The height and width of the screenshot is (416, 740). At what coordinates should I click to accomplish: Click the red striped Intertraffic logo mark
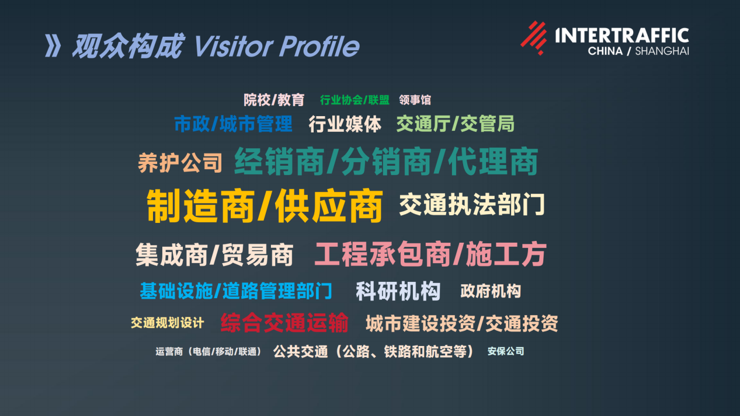(534, 38)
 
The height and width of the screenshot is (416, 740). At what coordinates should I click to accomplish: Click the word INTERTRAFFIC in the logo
(622, 36)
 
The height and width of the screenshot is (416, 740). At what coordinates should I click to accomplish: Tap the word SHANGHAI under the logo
(662, 51)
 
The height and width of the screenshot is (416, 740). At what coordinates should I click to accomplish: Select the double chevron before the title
(53, 46)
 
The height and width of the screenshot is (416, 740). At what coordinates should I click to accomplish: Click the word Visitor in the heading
(234, 46)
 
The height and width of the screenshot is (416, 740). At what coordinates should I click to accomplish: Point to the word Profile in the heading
(319, 46)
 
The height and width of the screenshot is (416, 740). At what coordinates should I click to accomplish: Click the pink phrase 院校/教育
(274, 100)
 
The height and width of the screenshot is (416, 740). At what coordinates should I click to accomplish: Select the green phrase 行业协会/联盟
(355, 100)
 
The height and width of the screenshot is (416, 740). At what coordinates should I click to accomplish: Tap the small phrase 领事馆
(415, 100)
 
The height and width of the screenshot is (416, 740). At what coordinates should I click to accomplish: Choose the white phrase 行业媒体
(345, 124)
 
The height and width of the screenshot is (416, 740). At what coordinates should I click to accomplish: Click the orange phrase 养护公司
(180, 163)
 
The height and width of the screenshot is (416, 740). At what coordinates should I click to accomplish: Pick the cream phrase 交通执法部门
(472, 205)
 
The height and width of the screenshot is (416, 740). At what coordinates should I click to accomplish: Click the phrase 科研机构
(398, 291)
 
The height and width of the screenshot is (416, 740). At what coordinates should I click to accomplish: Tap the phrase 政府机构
(491, 291)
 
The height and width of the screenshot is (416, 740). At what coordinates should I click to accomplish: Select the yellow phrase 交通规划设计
(168, 323)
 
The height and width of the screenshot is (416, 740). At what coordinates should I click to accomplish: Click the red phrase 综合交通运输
(284, 323)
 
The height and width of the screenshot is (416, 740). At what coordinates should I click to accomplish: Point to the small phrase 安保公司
(506, 351)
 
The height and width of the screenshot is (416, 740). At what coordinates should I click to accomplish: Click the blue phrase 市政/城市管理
(233, 124)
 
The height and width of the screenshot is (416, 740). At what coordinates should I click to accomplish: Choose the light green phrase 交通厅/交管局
(455, 124)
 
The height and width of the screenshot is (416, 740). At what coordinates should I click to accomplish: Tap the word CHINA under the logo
(605, 51)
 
